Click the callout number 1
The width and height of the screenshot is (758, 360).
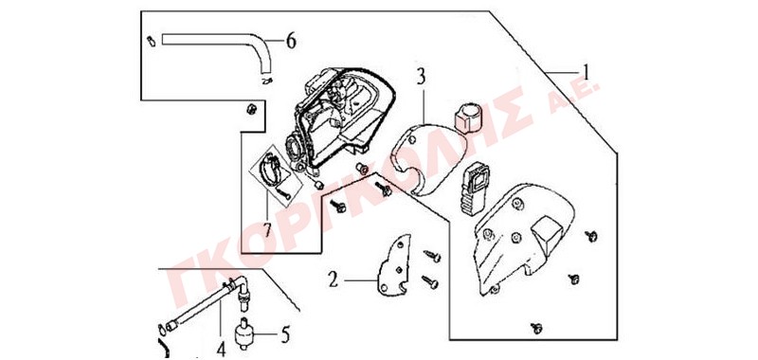[586, 74]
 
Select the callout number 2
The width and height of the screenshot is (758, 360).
[333, 279]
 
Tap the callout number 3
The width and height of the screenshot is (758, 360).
[421, 77]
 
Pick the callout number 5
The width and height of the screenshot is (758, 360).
[285, 334]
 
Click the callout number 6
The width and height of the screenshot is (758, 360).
[291, 41]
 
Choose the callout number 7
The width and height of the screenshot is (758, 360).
[266, 229]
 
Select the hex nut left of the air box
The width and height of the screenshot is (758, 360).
[250, 109]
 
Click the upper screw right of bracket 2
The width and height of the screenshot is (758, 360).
[432, 256]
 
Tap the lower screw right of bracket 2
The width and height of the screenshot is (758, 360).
[430, 281]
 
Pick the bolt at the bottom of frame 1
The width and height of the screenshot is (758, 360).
[536, 328]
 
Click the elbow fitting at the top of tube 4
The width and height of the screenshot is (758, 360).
[242, 287]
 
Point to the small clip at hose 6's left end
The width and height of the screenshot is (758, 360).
[151, 42]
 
